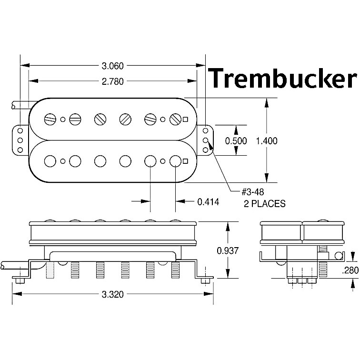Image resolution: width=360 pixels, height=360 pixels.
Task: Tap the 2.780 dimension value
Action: click(x=112, y=81)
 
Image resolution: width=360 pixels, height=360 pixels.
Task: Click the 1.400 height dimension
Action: click(x=266, y=140)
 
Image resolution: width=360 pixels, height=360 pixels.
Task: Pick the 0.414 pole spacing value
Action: click(x=208, y=201)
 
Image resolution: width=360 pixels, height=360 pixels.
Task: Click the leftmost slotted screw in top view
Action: click(x=50, y=119)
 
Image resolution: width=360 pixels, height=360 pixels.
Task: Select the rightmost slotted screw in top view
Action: click(x=175, y=119)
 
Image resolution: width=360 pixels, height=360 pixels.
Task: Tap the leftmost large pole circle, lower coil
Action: click(x=50, y=161)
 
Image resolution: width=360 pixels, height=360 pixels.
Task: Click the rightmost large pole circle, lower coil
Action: click(x=175, y=161)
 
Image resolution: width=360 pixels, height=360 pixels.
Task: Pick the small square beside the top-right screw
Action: click(x=185, y=119)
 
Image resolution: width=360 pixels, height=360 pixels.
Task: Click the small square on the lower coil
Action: click(x=185, y=161)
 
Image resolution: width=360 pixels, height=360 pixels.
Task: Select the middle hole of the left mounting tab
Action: click(x=20, y=140)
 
